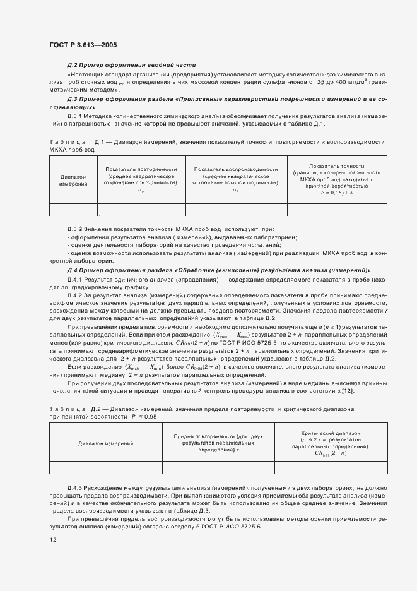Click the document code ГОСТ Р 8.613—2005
pyautogui.click(x=83, y=45)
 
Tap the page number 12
pyautogui.click(x=53, y=539)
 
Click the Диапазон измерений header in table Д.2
pyautogui.click(x=105, y=444)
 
